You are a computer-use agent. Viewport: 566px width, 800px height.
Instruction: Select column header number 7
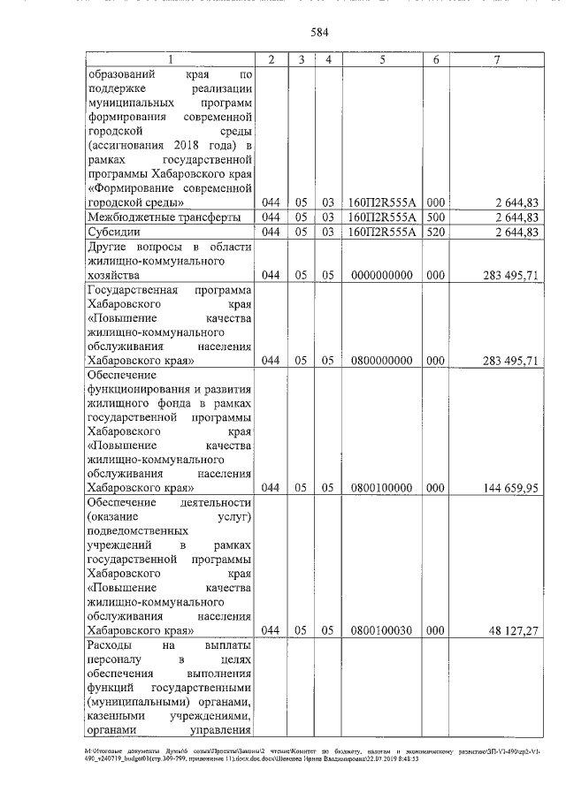[x=497, y=59]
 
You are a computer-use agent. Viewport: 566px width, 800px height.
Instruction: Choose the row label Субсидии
[x=115, y=232]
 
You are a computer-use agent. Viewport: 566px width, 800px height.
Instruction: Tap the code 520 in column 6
[x=435, y=232]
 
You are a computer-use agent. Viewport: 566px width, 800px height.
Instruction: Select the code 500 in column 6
[x=435, y=217]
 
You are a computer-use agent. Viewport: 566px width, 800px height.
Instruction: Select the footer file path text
[x=282, y=754]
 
